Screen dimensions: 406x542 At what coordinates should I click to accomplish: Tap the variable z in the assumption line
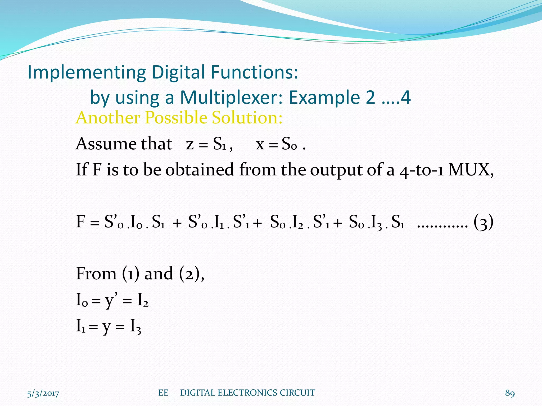pos(190,145)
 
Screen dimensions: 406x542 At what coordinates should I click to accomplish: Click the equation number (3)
pos(484,222)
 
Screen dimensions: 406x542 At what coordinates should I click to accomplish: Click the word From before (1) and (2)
pos(96,273)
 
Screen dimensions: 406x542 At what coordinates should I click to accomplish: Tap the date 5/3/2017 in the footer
pos(43,393)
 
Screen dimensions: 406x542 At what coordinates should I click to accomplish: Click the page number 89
pos(510,393)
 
